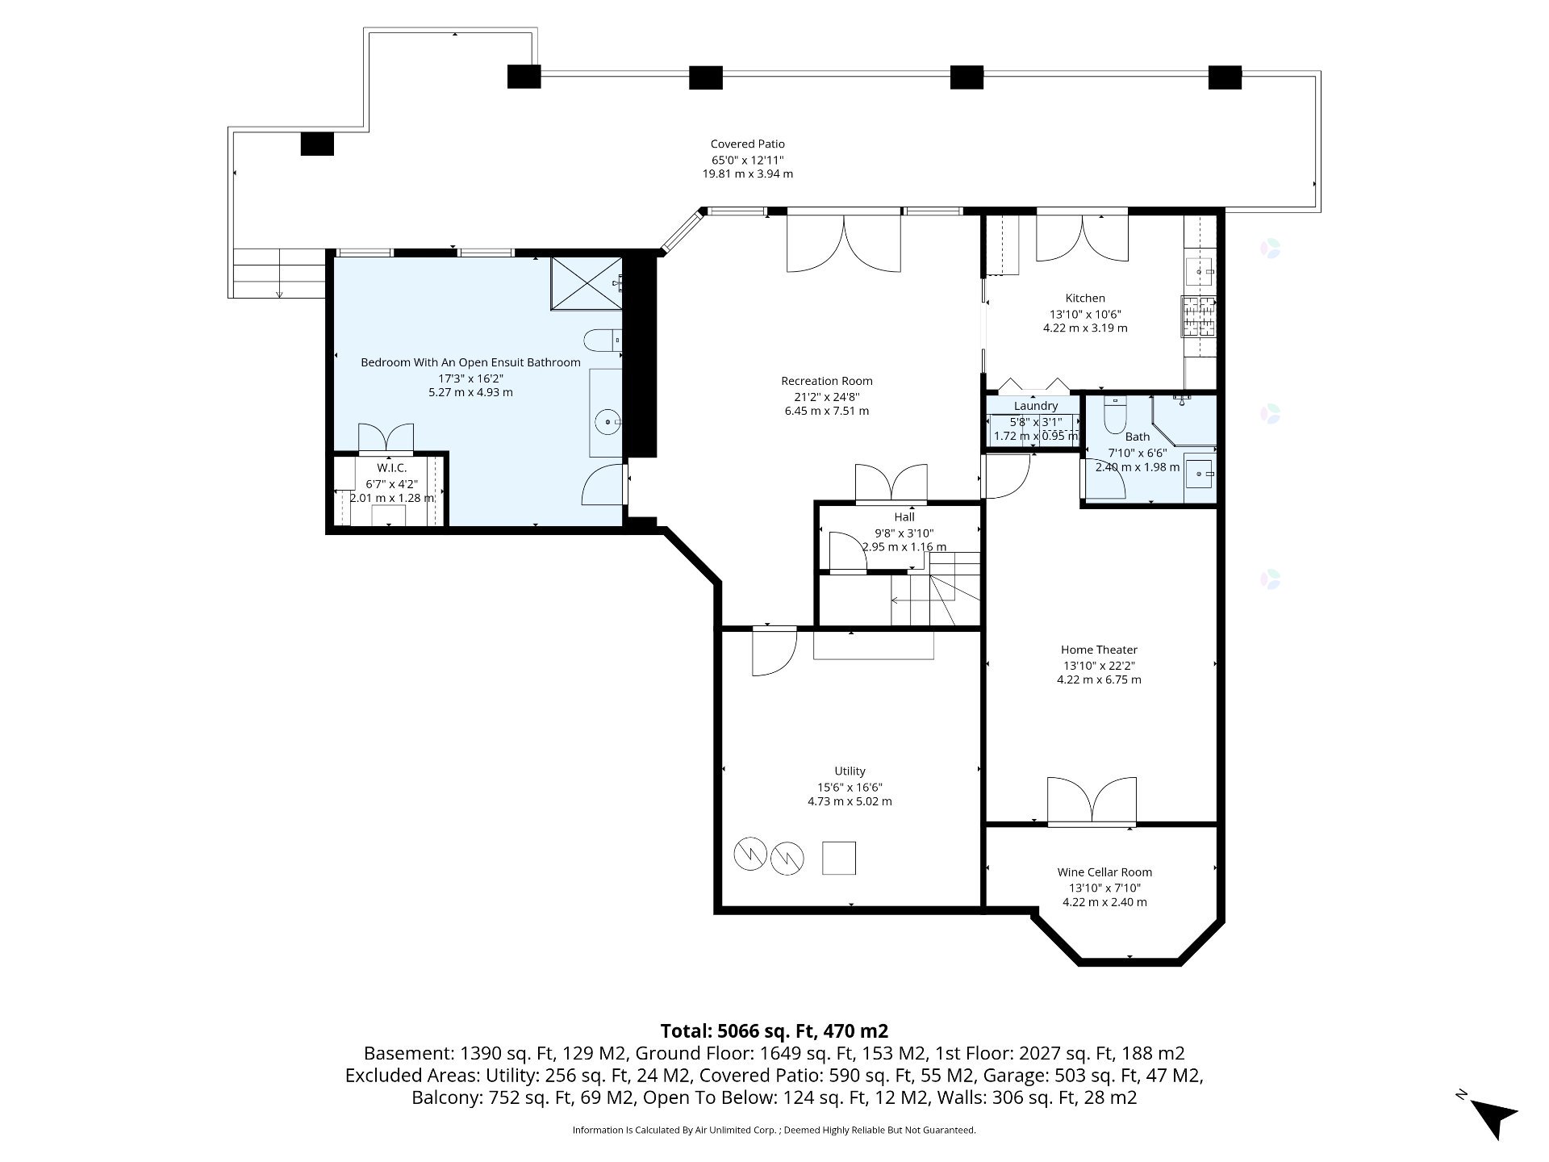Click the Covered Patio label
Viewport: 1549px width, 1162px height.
pos(747,144)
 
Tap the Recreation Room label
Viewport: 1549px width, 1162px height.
pos(827,381)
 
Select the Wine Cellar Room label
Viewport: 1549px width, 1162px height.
pos(1104,872)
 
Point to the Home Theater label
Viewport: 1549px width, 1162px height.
pos(1099,650)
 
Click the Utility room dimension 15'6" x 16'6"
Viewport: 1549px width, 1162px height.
pos(850,788)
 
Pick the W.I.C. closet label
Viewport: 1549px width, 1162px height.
pos(391,468)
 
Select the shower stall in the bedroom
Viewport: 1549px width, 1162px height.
pos(587,283)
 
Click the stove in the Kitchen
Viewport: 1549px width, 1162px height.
pos(1198,317)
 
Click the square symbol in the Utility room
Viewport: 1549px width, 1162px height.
pos(838,858)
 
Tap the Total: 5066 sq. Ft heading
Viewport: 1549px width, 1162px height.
pos(774,1031)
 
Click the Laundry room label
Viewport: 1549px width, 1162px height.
pos(1036,406)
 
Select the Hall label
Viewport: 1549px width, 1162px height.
pos(904,517)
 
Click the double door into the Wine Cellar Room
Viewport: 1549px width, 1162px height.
pos(1092,801)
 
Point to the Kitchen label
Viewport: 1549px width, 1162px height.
pos(1085,299)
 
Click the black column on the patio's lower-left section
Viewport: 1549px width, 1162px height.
pos(317,144)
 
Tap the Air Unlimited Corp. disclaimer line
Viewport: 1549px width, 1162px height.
pos(774,1130)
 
